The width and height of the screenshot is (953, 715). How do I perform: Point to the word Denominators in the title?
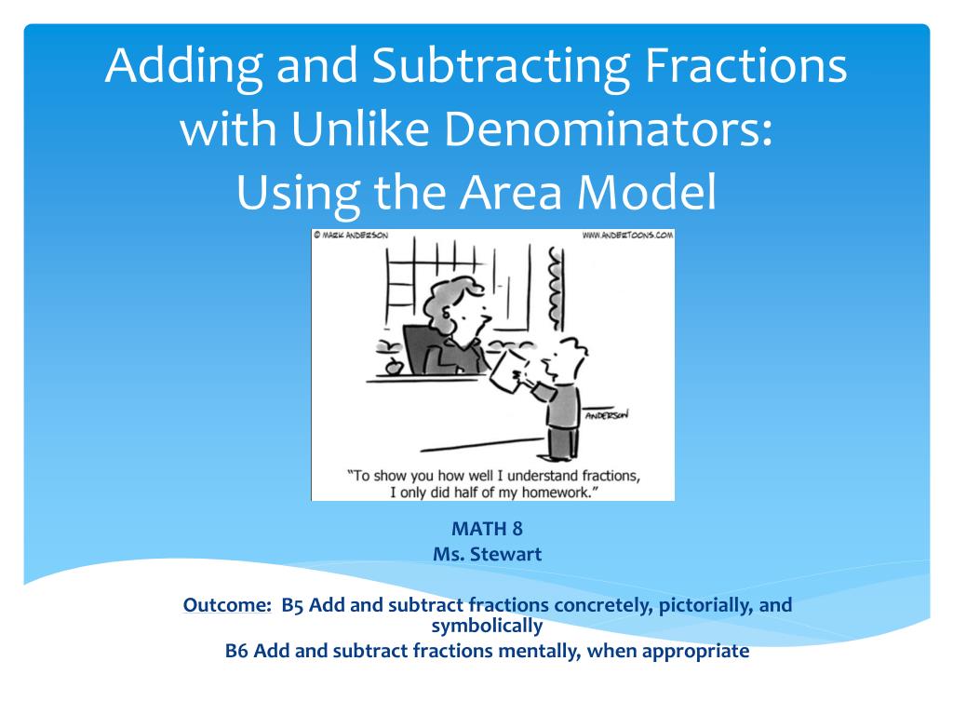click(609, 129)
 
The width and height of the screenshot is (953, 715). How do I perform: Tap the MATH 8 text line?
click(487, 530)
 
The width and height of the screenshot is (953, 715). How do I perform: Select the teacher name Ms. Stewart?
click(487, 554)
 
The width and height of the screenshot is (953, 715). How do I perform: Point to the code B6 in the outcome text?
click(237, 651)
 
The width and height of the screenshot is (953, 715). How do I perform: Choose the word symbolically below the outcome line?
click(487, 626)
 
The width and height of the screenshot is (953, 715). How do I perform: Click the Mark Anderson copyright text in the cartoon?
click(352, 236)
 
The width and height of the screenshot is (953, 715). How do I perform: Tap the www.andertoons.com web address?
click(626, 236)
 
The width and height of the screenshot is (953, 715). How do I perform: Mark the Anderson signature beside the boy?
click(606, 415)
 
